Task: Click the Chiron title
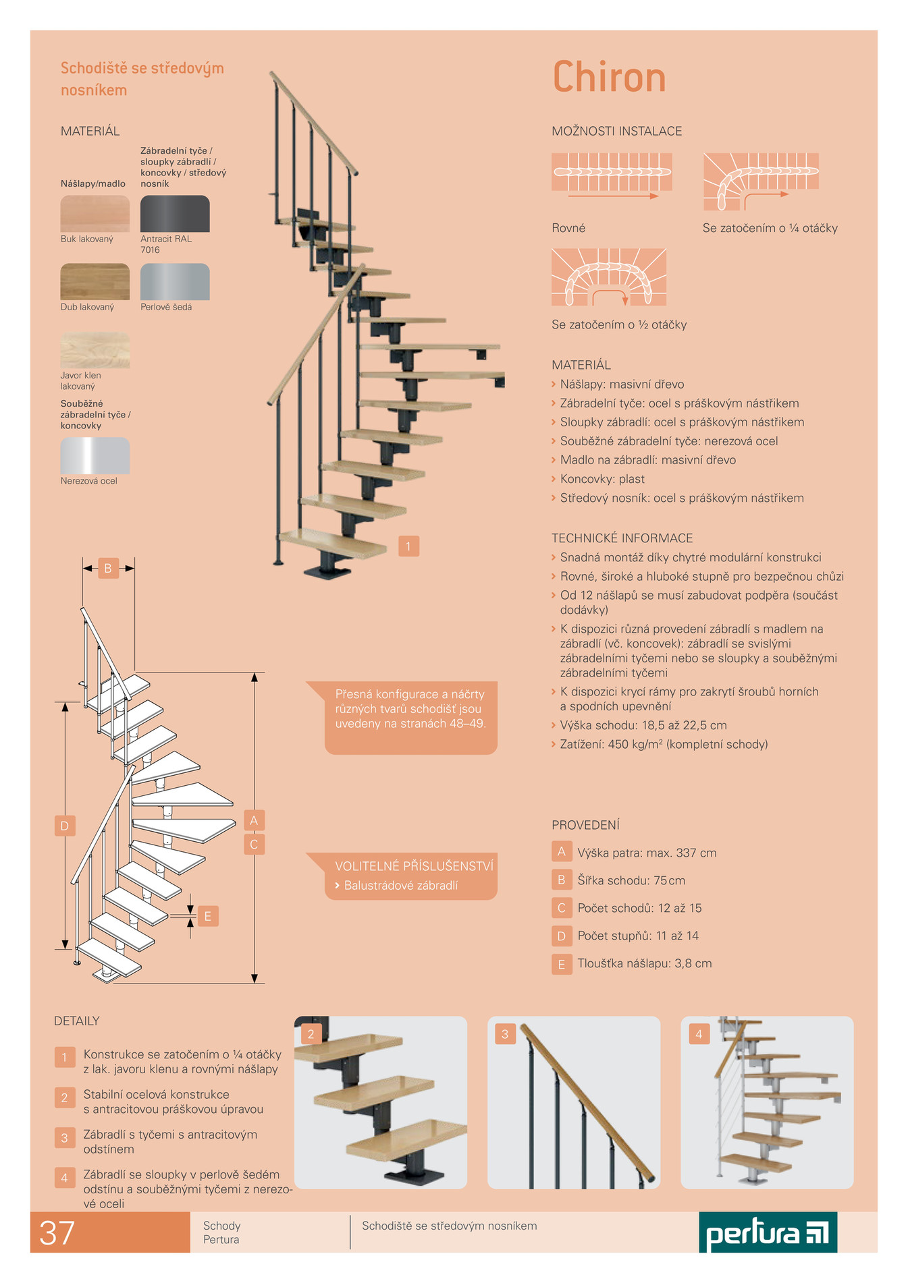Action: [x=609, y=77]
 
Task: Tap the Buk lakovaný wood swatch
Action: [x=95, y=214]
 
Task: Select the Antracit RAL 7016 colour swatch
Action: [x=175, y=214]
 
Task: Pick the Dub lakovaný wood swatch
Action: [x=95, y=282]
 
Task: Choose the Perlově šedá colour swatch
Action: [x=175, y=282]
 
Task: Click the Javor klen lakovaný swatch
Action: [x=95, y=349]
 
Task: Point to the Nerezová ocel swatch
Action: [x=95, y=455]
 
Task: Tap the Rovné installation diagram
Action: [x=612, y=173]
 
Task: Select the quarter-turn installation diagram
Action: [x=761, y=181]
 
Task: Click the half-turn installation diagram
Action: [x=609, y=277]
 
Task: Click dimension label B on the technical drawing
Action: [x=108, y=569]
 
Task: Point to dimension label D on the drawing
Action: [x=65, y=826]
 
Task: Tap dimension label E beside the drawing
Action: [x=208, y=916]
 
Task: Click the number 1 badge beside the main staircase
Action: [x=408, y=546]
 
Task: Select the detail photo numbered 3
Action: [x=574, y=1102]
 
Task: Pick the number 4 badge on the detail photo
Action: [x=699, y=1034]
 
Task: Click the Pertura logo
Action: [x=768, y=1232]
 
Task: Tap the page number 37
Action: [x=57, y=1233]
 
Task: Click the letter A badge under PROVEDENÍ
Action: [x=561, y=852]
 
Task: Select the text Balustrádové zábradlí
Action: [x=401, y=885]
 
